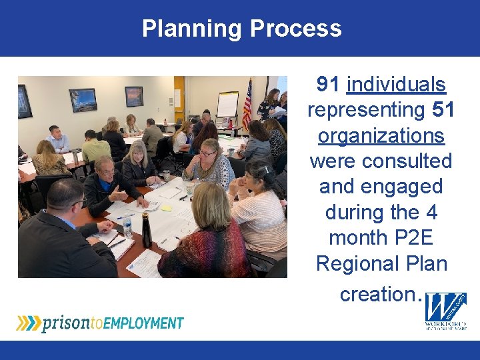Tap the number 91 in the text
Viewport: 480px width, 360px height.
point(328,85)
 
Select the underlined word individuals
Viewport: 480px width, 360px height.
point(396,85)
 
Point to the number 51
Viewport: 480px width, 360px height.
point(443,110)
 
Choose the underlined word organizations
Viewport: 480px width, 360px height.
point(381,135)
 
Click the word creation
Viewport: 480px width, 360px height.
point(377,293)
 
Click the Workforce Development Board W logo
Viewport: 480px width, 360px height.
point(446,310)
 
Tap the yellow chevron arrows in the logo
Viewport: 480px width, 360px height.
point(28,323)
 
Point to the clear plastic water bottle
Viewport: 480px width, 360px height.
point(127,227)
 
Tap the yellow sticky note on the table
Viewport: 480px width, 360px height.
point(167,208)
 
